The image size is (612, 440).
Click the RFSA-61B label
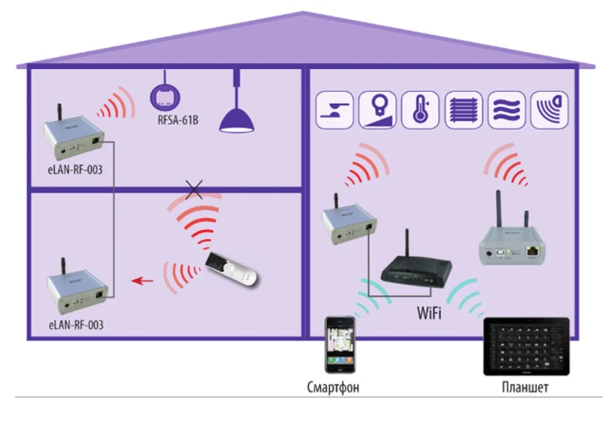(177, 121)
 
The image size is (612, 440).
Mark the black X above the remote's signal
(194, 190)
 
